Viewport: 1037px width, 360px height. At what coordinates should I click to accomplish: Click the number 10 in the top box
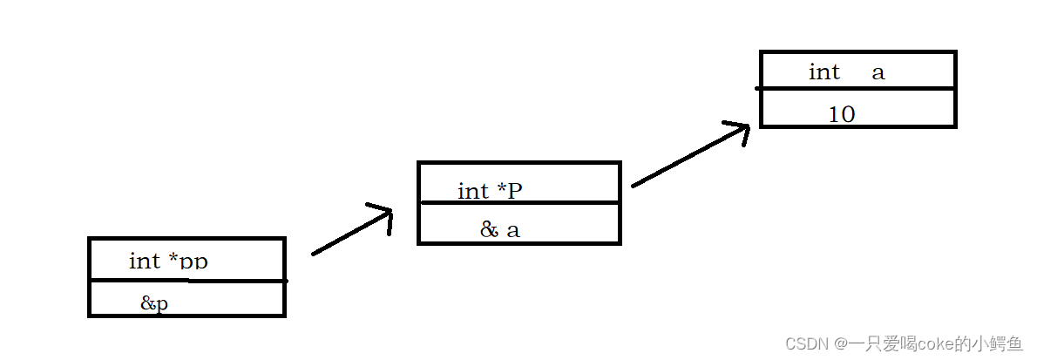click(x=841, y=114)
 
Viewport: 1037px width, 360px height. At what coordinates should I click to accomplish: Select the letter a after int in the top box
click(x=878, y=72)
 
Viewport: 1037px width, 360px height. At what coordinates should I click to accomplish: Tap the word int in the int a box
click(x=823, y=71)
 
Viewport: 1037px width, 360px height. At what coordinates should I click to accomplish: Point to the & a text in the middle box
click(x=499, y=229)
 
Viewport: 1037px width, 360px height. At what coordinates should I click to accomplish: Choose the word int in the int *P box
click(x=473, y=191)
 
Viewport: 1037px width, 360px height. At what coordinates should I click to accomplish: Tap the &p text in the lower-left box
click(x=154, y=303)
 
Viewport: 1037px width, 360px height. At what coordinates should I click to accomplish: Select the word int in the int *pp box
click(x=145, y=261)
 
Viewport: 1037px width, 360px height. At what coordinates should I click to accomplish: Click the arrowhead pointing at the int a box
click(x=740, y=132)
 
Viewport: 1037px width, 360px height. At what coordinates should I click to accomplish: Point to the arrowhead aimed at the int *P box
click(x=384, y=214)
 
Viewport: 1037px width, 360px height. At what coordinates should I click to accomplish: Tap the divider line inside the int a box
click(x=858, y=88)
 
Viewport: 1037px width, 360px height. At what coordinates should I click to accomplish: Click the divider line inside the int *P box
click(x=518, y=203)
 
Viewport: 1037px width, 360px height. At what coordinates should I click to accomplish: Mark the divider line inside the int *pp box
click(x=187, y=281)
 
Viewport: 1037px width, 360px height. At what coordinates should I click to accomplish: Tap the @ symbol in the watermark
click(x=842, y=344)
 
